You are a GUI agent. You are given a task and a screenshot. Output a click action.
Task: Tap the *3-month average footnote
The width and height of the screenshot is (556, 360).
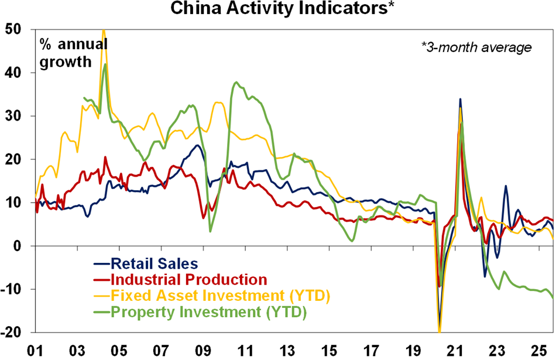tap(476, 47)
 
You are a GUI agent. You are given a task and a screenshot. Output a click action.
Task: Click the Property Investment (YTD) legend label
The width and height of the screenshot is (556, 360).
tap(208, 313)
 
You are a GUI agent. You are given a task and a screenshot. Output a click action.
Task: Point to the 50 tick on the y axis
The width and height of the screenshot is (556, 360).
tap(13, 29)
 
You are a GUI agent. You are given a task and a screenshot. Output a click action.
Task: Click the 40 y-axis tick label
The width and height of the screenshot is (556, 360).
tap(13, 73)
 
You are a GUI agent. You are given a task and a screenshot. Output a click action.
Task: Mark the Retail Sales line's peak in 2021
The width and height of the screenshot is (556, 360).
tap(460, 100)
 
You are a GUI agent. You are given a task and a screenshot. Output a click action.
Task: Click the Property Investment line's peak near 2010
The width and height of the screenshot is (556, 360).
tap(236, 83)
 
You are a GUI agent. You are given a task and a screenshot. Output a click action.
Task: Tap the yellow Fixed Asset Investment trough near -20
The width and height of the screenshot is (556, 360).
tap(439, 331)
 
